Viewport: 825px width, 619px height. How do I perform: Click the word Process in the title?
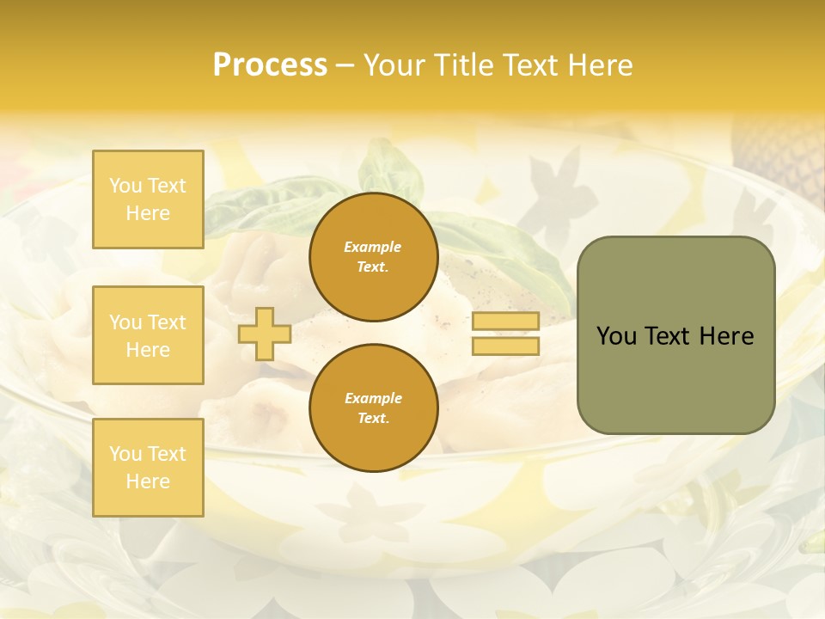[270, 65]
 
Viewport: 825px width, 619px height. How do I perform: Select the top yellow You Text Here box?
[148, 199]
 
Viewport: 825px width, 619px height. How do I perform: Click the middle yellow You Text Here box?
[148, 335]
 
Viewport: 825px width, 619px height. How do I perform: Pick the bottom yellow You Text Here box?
[148, 467]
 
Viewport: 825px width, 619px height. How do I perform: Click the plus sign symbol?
[265, 334]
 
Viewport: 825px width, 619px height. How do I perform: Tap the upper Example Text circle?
[373, 257]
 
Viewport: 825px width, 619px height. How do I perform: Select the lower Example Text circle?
[373, 408]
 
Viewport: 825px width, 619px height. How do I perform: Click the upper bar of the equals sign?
[505, 322]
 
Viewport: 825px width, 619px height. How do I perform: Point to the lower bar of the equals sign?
[505, 346]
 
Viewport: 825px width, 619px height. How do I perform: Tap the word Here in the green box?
[726, 336]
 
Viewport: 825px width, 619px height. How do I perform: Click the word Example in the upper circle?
[373, 247]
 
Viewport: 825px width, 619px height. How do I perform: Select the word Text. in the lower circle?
[373, 419]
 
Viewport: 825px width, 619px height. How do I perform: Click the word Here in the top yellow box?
[148, 213]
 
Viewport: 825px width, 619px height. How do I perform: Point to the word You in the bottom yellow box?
[125, 453]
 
